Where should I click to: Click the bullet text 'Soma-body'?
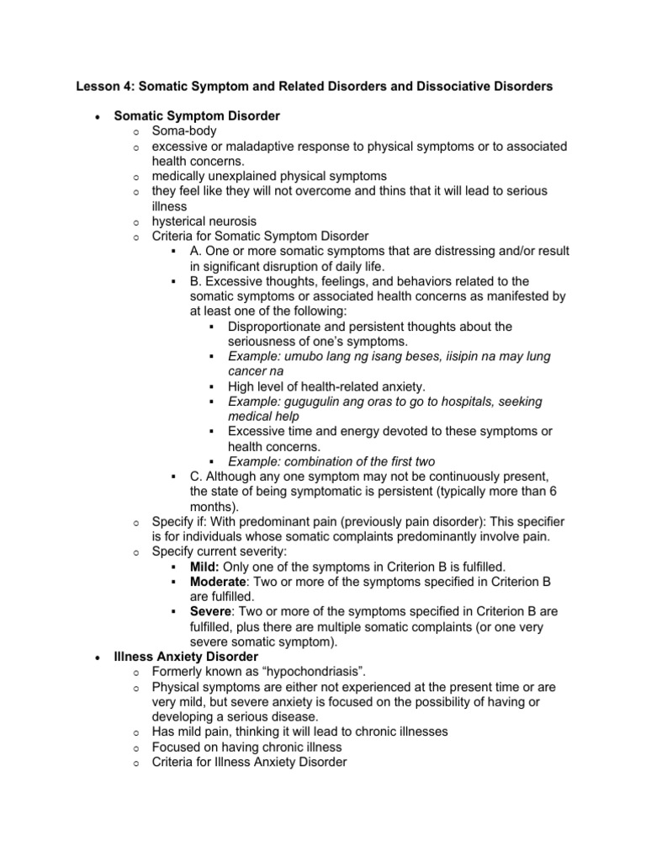[184, 130]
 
